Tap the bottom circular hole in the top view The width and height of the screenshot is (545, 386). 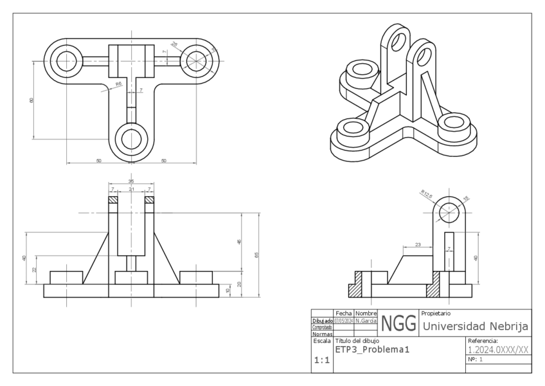pyautogui.click(x=131, y=138)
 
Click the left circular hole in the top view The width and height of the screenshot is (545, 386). pyautogui.click(x=66, y=61)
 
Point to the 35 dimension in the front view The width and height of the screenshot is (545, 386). pyautogui.click(x=131, y=182)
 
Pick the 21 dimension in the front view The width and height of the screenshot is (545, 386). pyautogui.click(x=131, y=190)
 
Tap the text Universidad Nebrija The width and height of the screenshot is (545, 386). pyautogui.click(x=475, y=327)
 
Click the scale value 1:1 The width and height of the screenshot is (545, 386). pyautogui.click(x=321, y=361)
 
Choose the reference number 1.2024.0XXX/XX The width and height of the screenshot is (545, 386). pyautogui.click(x=498, y=350)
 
